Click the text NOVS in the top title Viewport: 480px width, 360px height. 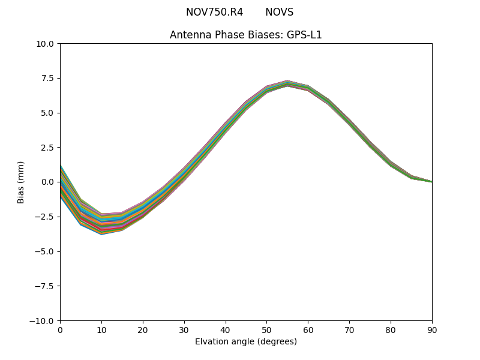(279, 12)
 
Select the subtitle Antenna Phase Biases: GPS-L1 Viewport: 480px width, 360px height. (246, 35)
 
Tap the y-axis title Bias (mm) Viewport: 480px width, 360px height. (21, 182)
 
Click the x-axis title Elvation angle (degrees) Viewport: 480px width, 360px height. (246, 341)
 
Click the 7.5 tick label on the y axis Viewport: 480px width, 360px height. (48, 78)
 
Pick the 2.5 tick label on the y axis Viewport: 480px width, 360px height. (48, 147)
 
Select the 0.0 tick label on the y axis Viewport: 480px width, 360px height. (48, 182)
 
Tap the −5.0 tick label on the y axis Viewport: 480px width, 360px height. (46, 251)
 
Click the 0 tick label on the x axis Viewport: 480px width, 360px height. (60, 329)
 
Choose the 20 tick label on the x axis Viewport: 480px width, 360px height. (143, 329)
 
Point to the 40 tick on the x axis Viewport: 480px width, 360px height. (226, 329)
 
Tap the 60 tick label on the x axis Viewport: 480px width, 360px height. (308, 329)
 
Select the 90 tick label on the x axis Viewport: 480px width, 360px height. (432, 329)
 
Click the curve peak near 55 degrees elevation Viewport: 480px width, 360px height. (287, 83)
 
